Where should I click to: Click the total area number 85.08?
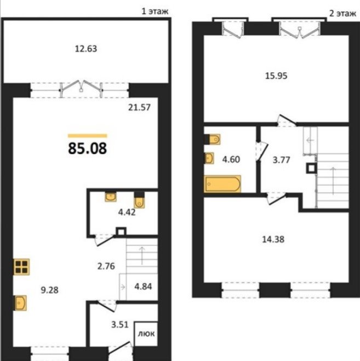88,148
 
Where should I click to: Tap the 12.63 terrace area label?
86,49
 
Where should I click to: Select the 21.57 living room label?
139,107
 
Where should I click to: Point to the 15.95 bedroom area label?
276,76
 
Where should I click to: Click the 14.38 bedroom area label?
273,239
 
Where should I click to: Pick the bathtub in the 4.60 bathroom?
222,184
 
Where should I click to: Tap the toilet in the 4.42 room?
139,200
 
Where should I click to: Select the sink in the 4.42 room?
111,197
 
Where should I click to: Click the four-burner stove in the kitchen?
21,267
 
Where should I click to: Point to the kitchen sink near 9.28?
20,303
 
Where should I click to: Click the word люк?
146,334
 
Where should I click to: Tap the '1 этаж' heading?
155,11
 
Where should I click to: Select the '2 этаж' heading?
342,13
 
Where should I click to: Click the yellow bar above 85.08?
88,136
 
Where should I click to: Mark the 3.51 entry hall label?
120,325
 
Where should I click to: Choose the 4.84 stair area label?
143,286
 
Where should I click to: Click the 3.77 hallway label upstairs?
281,160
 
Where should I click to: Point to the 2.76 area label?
106,266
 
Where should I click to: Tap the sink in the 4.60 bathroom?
209,158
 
